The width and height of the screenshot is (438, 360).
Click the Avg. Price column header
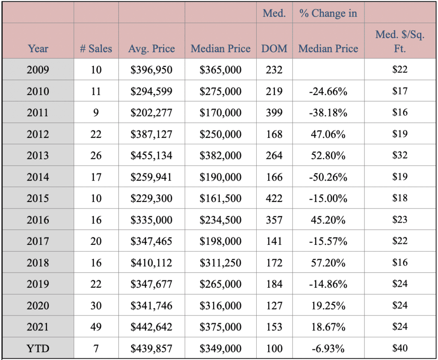click(x=151, y=49)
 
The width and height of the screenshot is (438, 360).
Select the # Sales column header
click(x=96, y=49)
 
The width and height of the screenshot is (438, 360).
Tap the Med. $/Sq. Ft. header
click(x=400, y=42)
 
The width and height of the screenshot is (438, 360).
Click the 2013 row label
click(x=38, y=155)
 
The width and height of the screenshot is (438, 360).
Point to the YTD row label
click(x=38, y=348)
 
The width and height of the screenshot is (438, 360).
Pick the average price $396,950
click(x=151, y=70)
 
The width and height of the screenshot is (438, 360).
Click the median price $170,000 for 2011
click(x=220, y=113)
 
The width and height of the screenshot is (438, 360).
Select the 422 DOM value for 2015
click(x=274, y=199)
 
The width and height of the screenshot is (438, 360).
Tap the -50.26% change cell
click(x=328, y=177)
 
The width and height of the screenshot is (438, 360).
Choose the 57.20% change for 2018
click(x=328, y=263)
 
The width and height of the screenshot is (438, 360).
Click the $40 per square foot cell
click(x=400, y=348)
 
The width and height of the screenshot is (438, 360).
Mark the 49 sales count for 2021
click(x=96, y=327)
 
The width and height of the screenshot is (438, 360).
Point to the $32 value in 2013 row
click(x=400, y=155)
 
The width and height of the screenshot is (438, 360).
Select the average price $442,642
click(x=151, y=327)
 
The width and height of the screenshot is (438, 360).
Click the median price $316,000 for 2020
click(x=220, y=306)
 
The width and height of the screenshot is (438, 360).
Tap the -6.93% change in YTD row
click(x=328, y=348)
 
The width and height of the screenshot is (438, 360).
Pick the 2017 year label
click(x=38, y=241)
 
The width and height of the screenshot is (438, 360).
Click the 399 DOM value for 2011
click(x=274, y=113)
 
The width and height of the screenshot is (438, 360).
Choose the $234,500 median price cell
click(x=220, y=220)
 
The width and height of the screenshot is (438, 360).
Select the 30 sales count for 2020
click(x=96, y=306)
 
